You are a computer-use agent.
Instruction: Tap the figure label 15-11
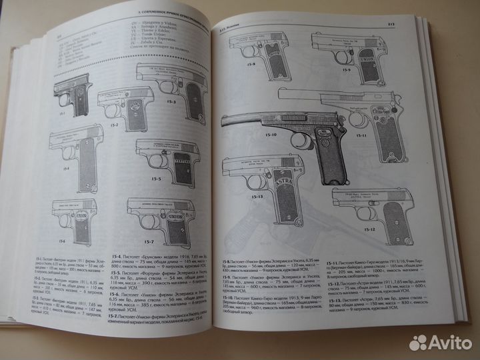(379, 136)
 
